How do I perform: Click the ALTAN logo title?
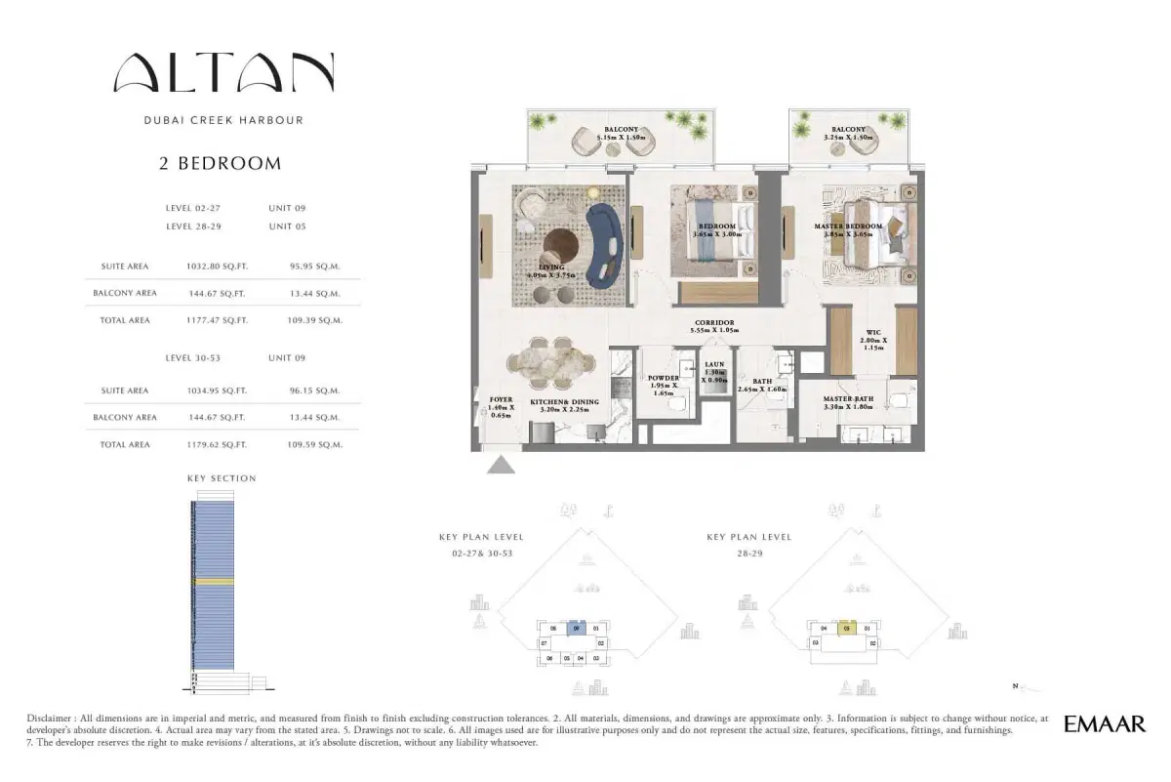point(223,74)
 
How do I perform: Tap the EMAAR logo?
point(1105,724)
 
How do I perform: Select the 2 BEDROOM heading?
point(221,164)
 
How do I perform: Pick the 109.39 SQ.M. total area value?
point(315,320)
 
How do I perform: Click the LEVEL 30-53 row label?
point(193,358)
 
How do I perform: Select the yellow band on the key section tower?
point(214,581)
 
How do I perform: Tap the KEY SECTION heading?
point(222,478)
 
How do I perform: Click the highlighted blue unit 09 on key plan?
point(576,630)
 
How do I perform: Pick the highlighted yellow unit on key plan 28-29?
point(848,629)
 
